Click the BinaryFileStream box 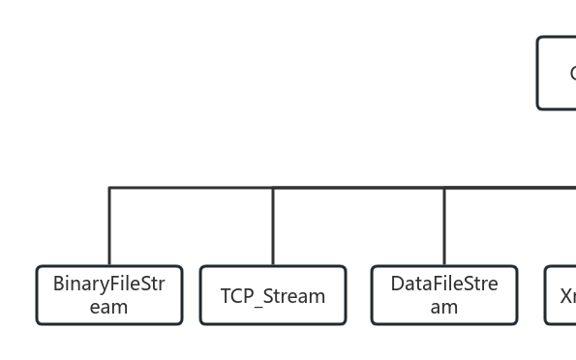(109, 295)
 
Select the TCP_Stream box (273, 295)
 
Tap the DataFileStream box (444, 295)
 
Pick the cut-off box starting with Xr (561, 295)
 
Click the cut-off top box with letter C (558, 74)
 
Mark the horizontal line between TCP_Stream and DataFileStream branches (358, 188)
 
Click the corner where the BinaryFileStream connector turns (109, 188)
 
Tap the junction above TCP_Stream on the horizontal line (273, 188)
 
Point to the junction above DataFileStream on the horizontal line (444, 188)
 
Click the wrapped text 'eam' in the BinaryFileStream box (108, 308)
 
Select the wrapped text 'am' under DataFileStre (444, 308)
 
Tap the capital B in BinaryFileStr (58, 285)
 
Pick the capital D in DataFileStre (397, 285)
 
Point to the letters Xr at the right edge (567, 296)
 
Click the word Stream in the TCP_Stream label (296, 296)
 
